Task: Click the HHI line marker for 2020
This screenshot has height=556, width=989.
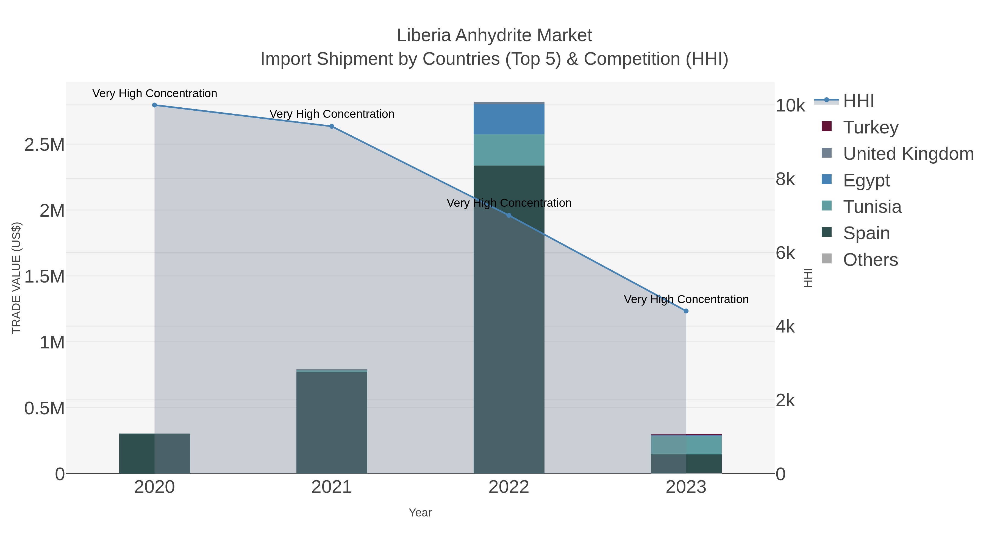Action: (x=155, y=105)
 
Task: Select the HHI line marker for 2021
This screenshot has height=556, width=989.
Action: (x=332, y=126)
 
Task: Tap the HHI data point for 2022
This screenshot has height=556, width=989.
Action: (x=509, y=215)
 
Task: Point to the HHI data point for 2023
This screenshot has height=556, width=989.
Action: (x=686, y=311)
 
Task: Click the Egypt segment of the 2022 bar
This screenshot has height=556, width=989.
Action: (x=509, y=119)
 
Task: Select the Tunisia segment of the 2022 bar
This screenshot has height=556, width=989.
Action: (x=509, y=150)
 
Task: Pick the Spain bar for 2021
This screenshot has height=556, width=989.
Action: (x=332, y=422)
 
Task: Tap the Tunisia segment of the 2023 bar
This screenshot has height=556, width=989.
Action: (x=686, y=445)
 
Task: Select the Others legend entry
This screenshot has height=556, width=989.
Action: (x=870, y=260)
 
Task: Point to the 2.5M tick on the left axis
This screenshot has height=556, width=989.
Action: (x=45, y=145)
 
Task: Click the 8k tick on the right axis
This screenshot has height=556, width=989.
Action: (x=785, y=179)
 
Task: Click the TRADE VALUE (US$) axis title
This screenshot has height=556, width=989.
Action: (x=16, y=278)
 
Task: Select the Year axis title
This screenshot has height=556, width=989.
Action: (x=420, y=513)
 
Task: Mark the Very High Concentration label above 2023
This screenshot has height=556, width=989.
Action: (x=686, y=299)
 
